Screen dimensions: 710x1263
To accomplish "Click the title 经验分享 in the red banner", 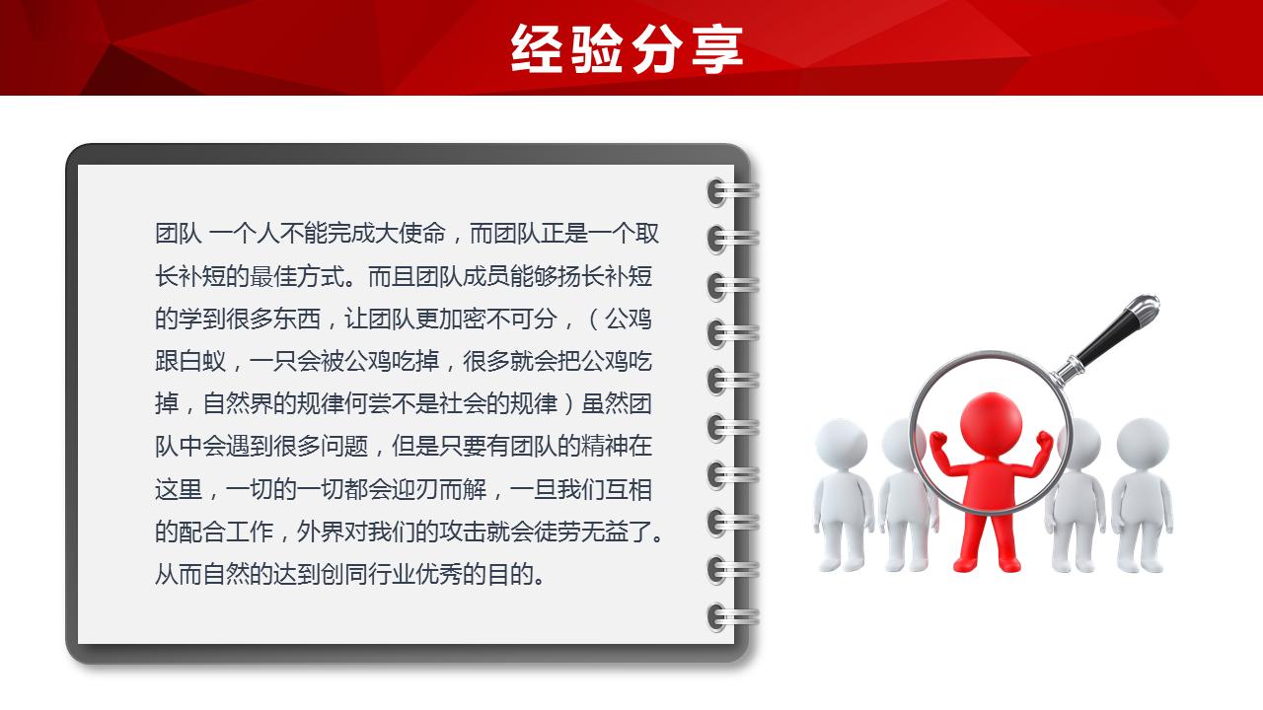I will coord(628,48).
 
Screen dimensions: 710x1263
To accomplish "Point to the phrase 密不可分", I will coord(510,319).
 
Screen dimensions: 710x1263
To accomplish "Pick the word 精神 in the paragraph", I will coord(605,447).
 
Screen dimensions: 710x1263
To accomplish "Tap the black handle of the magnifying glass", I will coord(1115,328).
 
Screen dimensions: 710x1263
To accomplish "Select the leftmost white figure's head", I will coord(842,443).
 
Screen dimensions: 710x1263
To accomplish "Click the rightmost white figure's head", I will coord(1143,443).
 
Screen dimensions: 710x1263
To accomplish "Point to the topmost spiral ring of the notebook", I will coord(731,191).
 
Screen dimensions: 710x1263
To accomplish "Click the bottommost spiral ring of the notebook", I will coord(731,617).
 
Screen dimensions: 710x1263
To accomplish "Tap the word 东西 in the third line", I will coord(297,319).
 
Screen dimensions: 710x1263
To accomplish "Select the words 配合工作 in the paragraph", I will coord(226,532).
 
